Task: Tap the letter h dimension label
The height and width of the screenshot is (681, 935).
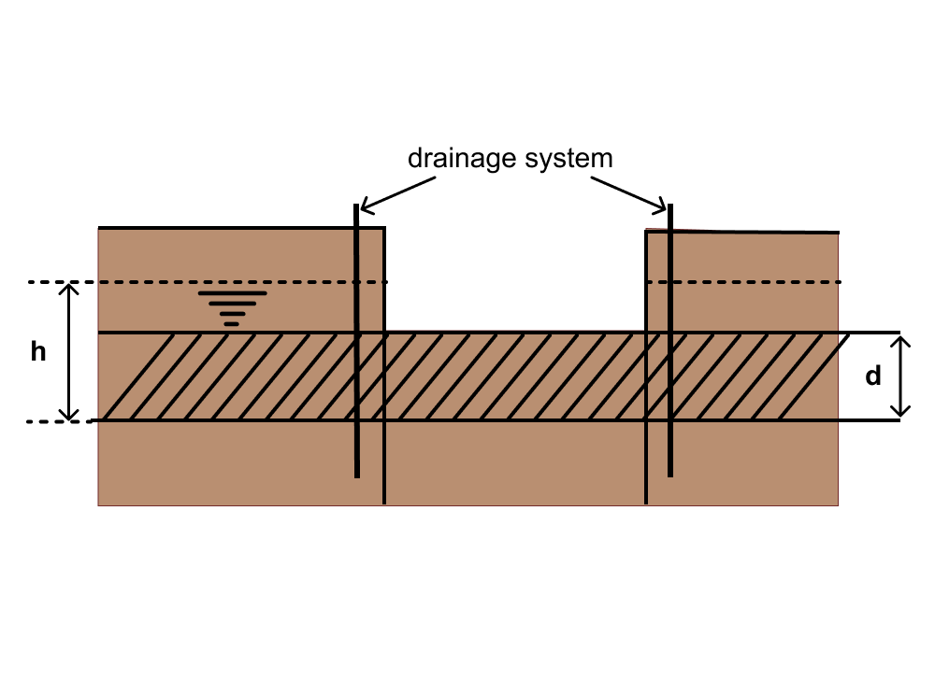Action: pyautogui.click(x=38, y=353)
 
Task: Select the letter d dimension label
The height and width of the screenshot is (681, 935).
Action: pyautogui.click(x=873, y=376)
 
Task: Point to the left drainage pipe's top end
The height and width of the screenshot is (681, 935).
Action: pyautogui.click(x=356, y=206)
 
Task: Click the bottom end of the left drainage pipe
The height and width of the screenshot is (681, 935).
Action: pyautogui.click(x=357, y=475)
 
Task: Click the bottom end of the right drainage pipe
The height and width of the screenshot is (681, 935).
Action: pyautogui.click(x=671, y=475)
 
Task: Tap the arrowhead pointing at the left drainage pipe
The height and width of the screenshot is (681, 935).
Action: pyautogui.click(x=366, y=207)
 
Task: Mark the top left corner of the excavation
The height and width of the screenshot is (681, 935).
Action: pyautogui.click(x=384, y=228)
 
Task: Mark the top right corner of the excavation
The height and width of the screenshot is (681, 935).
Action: pyautogui.click(x=647, y=231)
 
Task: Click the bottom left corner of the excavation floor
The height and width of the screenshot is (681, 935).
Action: pyautogui.click(x=385, y=332)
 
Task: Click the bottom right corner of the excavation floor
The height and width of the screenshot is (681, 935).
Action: pyautogui.click(x=647, y=332)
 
